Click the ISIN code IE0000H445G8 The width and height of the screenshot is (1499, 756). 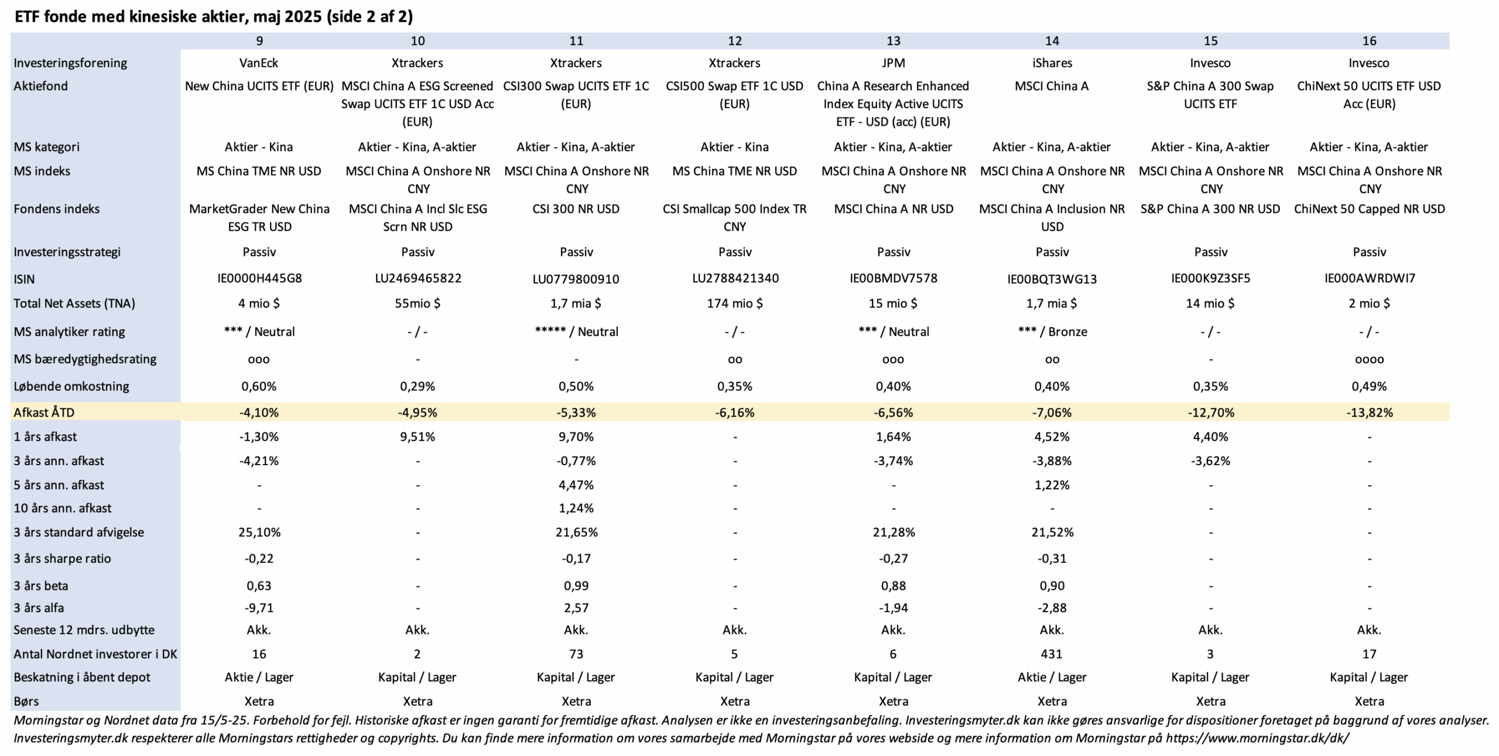(x=259, y=279)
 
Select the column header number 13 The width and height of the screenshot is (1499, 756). (x=893, y=41)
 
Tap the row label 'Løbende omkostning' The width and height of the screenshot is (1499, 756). (x=71, y=386)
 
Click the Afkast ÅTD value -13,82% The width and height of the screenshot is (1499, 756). (x=1369, y=413)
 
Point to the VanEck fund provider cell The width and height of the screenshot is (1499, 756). (x=259, y=63)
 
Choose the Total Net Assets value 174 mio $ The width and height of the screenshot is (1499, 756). (x=734, y=303)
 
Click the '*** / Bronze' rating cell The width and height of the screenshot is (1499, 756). (x=1052, y=332)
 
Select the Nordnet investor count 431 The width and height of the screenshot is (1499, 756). (x=1052, y=654)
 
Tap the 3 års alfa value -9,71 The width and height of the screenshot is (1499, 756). (x=259, y=608)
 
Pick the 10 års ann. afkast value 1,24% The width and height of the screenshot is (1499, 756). (x=576, y=508)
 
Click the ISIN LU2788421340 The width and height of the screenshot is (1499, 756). (x=735, y=279)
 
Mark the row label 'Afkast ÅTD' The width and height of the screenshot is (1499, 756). (x=44, y=413)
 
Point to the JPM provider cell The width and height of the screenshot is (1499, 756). (x=893, y=63)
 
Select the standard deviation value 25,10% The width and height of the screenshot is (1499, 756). (x=259, y=532)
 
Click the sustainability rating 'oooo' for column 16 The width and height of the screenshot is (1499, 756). (x=1369, y=360)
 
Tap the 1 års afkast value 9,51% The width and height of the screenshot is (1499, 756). (x=417, y=437)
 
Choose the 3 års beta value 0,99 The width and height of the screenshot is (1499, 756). (x=576, y=586)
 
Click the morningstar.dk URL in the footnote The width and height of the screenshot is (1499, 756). (x=1257, y=738)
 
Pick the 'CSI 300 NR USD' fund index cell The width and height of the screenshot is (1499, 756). (x=576, y=209)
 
